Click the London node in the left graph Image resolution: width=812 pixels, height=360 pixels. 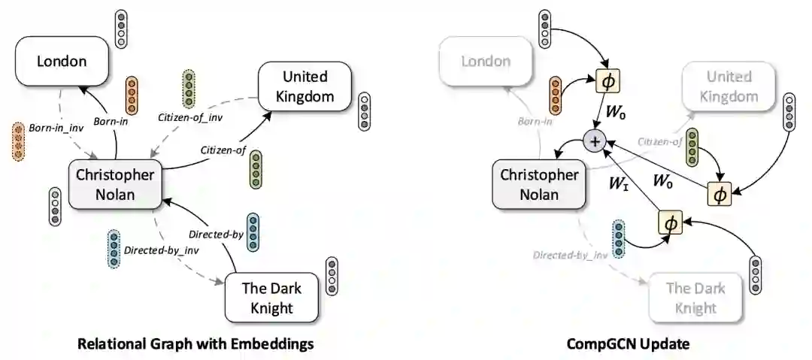click(62, 61)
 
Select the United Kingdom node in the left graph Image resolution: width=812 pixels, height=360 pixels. click(305, 86)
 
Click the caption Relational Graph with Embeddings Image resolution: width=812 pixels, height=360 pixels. click(195, 344)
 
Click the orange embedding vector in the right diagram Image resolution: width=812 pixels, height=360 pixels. click(556, 93)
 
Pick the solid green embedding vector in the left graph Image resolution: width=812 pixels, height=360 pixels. click(256, 169)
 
